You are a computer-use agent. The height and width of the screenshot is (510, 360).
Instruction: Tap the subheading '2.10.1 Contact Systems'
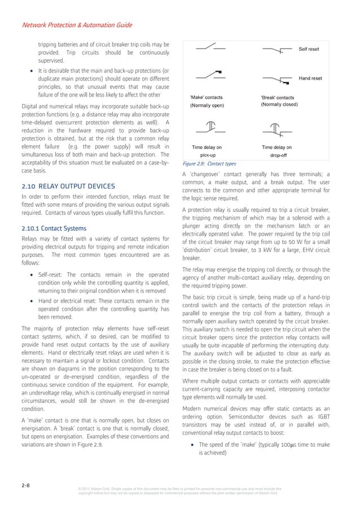click(x=54, y=229)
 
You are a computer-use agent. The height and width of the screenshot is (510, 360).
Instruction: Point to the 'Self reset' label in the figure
click(x=309, y=50)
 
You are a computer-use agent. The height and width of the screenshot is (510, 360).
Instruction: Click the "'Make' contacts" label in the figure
click(x=207, y=98)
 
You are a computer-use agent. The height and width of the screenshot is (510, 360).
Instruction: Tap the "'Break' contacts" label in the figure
click(x=278, y=98)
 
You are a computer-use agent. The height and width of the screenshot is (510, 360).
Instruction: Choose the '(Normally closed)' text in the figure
click(x=279, y=106)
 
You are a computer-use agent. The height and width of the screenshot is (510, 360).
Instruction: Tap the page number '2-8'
click(x=26, y=484)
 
